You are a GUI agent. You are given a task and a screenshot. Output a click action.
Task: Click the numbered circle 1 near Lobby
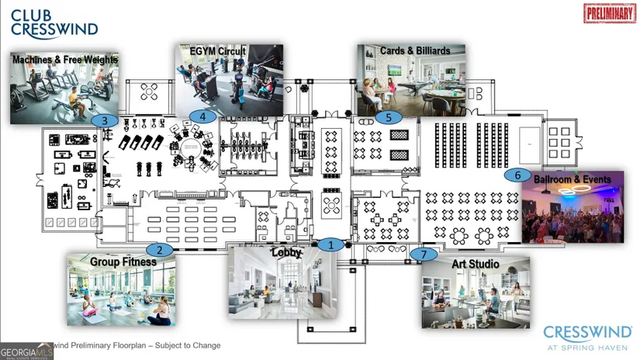(x=330, y=244)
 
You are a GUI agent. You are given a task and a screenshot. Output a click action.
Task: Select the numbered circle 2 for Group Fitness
(x=160, y=250)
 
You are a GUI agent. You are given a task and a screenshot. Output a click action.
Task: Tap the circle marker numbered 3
(x=105, y=120)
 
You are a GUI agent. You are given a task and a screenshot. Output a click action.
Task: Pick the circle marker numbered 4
(x=202, y=116)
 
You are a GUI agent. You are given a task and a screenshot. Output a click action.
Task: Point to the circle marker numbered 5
(x=389, y=118)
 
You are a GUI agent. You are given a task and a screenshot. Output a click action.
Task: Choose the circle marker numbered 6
(x=517, y=175)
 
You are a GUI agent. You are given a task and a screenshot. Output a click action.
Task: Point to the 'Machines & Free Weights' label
(x=65, y=59)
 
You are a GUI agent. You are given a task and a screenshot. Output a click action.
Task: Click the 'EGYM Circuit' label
(x=218, y=51)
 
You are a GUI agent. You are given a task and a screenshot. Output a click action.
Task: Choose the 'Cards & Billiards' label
(x=415, y=51)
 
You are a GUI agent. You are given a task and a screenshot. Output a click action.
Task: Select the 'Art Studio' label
(x=476, y=265)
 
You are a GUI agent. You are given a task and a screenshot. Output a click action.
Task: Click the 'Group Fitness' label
(x=123, y=261)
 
